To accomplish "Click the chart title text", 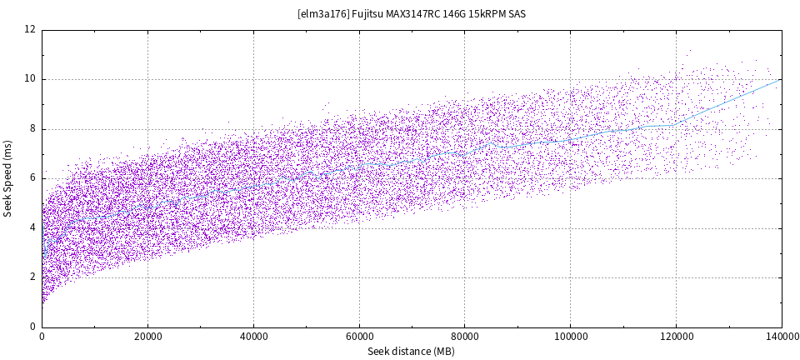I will point(412,14).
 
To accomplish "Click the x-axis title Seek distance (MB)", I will point(411,352).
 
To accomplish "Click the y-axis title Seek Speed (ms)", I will point(8,178).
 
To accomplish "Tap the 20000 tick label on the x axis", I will point(147,337).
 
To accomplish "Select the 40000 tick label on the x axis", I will point(253,337).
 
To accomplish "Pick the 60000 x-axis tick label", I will point(359,337).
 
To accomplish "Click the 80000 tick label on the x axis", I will point(464,337).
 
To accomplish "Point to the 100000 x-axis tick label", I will point(570,337).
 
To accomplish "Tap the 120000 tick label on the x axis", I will point(676,337).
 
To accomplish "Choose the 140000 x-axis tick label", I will point(781,337).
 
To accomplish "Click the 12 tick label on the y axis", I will point(30,30).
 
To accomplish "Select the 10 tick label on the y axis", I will point(30,79).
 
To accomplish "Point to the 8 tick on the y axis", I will point(32,129).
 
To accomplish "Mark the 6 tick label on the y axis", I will point(32,178).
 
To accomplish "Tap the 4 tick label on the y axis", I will point(32,228).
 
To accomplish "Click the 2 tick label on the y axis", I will point(32,277).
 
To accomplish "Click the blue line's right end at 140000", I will point(780,80).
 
